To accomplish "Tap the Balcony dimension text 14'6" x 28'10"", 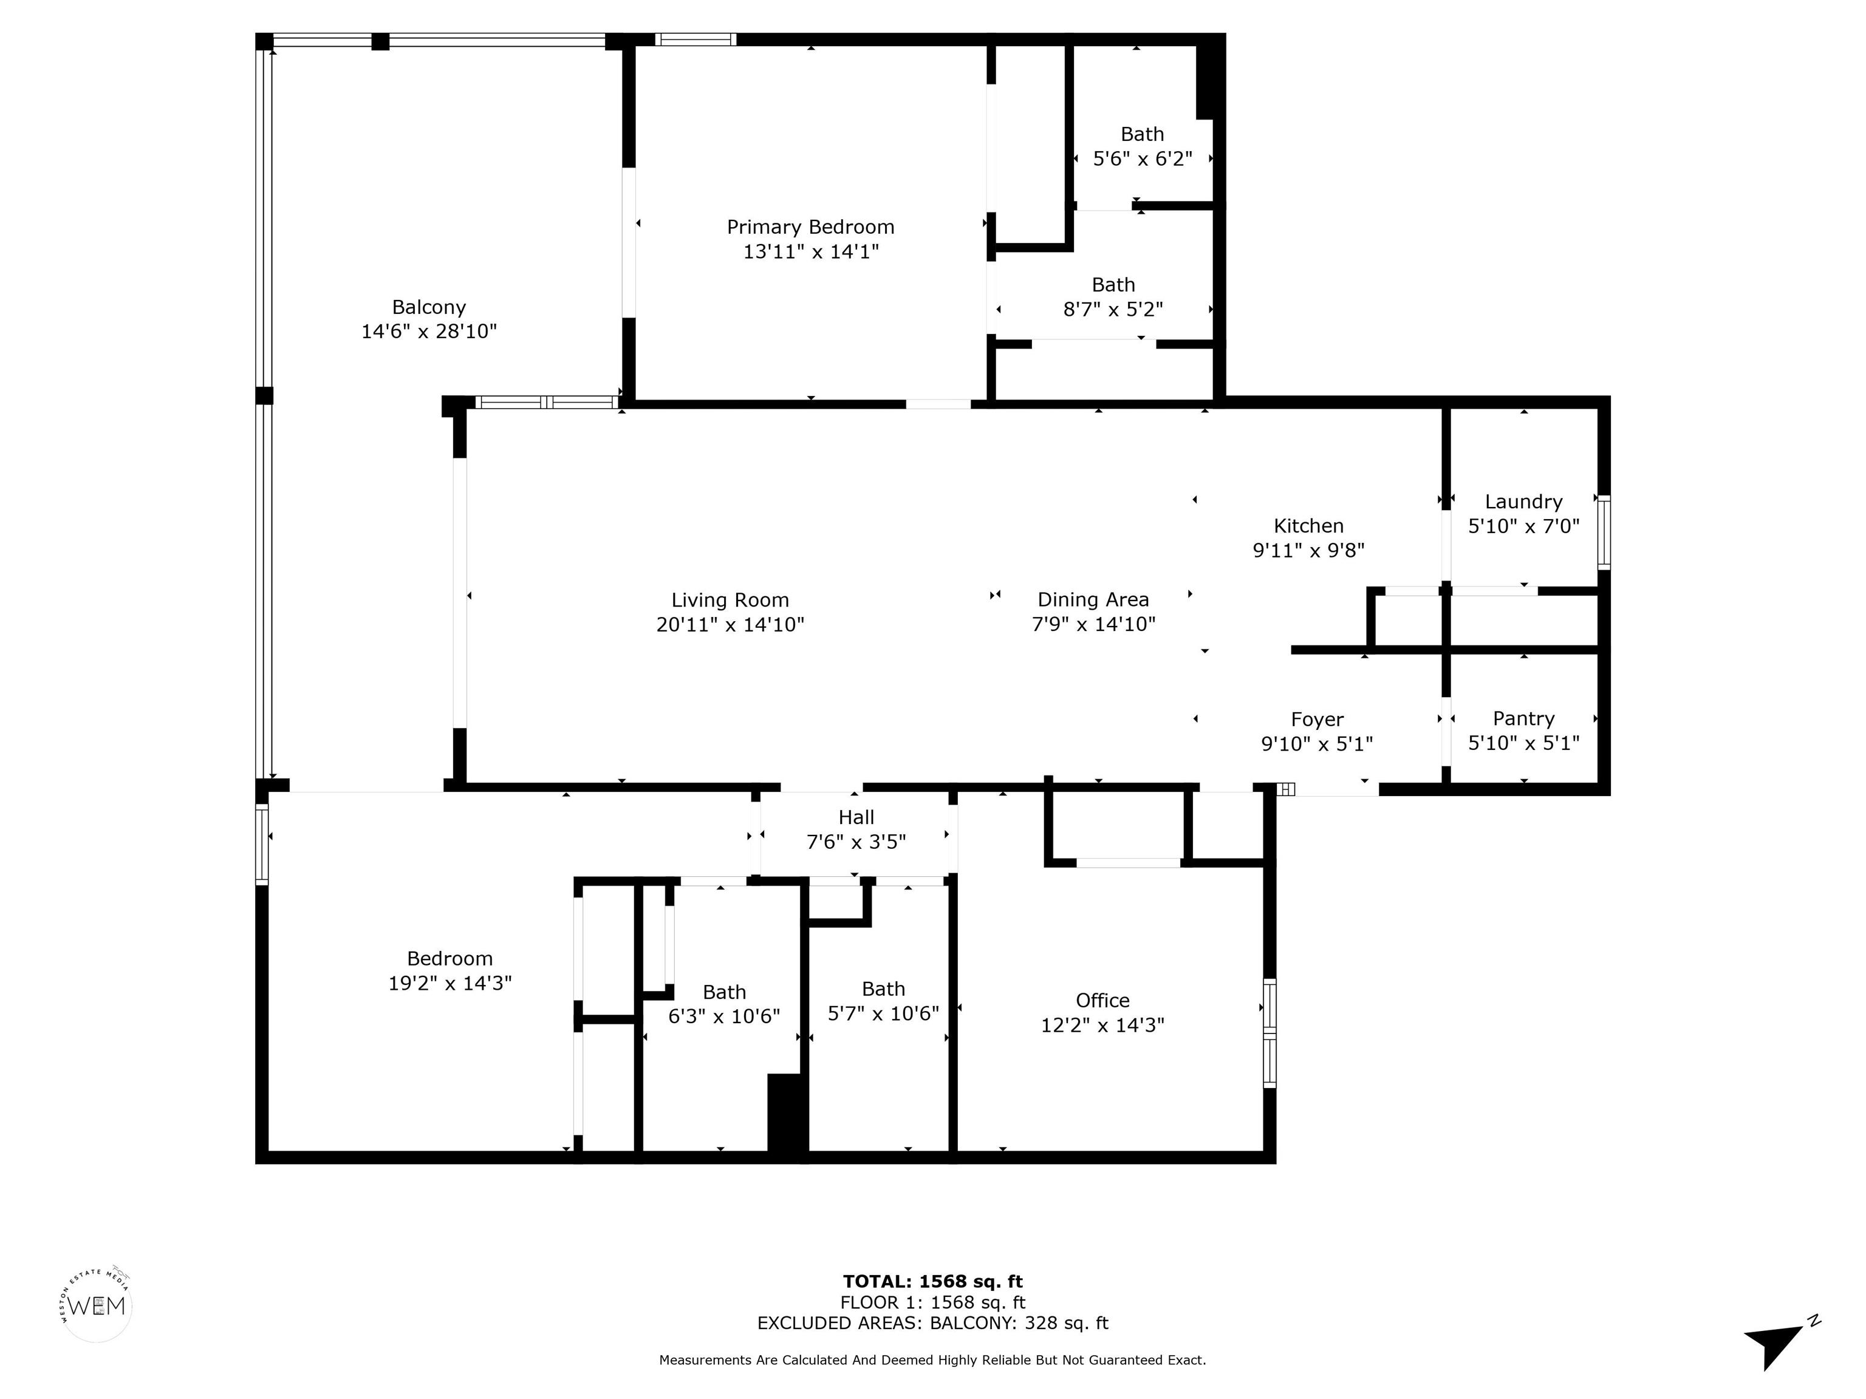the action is tap(429, 332).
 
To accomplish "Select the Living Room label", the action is tap(730, 601).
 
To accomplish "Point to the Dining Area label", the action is tap(1093, 599).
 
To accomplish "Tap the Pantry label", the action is tap(1523, 718).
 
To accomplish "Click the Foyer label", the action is tap(1317, 720).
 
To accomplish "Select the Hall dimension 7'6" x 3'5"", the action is tap(856, 842).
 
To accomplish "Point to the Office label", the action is tap(1102, 1000).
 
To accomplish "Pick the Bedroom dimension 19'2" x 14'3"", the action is tap(449, 983).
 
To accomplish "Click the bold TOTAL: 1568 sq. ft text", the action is tap(932, 1282).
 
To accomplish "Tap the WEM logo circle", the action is tap(97, 1306).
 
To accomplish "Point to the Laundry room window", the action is tap(1604, 532).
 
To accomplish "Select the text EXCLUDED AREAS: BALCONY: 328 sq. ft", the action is tap(932, 1323).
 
